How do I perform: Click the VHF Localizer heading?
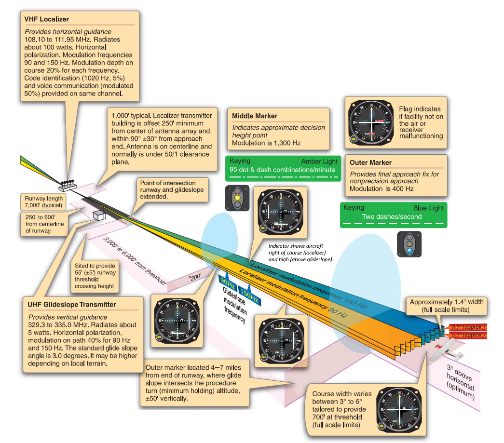coord(47,19)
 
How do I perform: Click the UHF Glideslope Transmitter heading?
coord(72,305)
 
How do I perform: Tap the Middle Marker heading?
coord(254,116)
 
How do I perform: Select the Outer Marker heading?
coord(370,162)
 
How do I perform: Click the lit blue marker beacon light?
coord(409,250)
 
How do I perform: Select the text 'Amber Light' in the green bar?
coord(319,161)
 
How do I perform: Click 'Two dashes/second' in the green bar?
coord(392,217)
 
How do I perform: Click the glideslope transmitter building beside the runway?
coord(99,214)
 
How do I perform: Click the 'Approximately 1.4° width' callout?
coord(446,306)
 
